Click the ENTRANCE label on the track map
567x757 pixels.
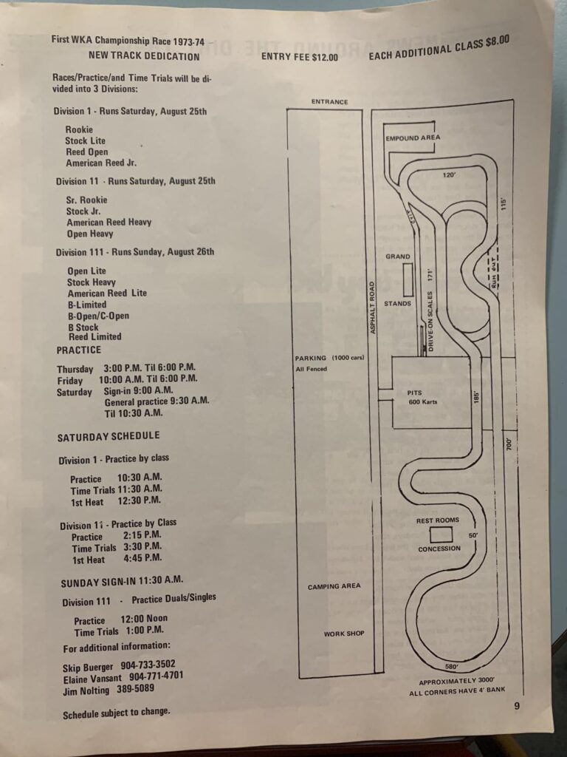329,102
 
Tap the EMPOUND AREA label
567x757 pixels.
413,138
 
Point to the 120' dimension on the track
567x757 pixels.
449,174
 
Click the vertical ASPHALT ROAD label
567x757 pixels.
372,308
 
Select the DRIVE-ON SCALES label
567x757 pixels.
430,321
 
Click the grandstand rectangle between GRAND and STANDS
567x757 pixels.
408,279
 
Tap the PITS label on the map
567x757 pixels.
414,393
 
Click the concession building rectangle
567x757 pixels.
441,534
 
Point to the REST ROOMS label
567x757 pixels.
437,520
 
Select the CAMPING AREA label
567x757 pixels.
334,586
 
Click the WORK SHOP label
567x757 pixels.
344,634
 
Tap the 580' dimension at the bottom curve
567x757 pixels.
452,667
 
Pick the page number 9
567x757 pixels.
517,706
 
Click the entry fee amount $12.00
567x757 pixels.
325,57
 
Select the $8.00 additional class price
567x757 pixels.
497,42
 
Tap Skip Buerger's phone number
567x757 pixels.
148,665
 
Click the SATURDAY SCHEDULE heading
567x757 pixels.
109,436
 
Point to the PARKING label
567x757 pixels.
311,358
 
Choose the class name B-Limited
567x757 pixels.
87,305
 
